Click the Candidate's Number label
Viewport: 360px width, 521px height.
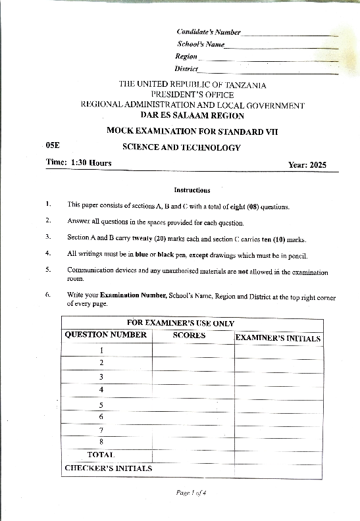209,32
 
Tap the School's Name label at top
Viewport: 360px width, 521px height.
201,44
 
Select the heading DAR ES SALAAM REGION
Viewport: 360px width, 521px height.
192,115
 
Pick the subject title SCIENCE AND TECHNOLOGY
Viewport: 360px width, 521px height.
182,148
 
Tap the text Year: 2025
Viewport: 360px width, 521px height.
307,165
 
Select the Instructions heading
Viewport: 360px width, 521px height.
192,190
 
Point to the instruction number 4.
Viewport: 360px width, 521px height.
48,253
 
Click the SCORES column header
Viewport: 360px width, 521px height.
190,335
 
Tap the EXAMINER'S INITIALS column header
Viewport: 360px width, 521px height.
278,339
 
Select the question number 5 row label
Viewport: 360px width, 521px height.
101,405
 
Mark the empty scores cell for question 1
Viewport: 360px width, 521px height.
193,350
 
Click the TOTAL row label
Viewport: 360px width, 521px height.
101,455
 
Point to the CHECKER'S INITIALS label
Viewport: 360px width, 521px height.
108,468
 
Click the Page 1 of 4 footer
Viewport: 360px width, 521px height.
192,493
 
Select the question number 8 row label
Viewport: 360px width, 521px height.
101,442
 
